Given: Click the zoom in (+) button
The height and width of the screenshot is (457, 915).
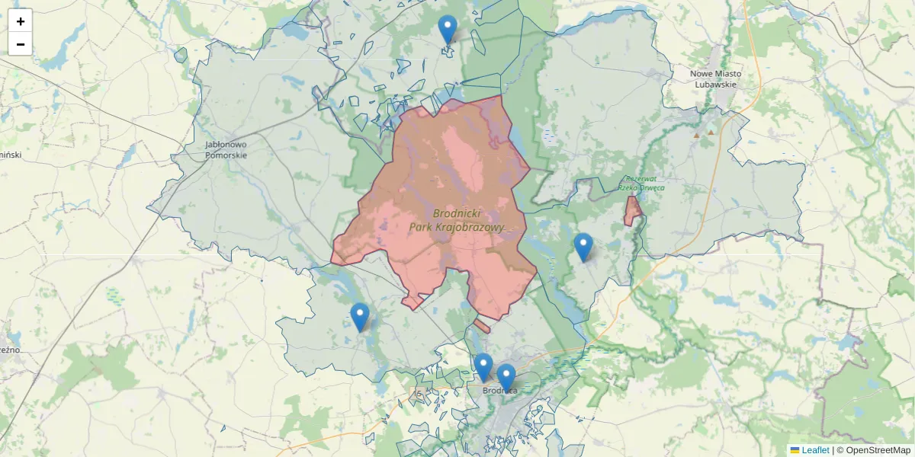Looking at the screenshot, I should click(20, 21).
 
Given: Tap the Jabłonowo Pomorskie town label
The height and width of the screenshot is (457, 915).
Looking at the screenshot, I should click(226, 149).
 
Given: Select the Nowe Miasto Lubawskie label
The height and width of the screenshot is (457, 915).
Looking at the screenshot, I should click(716, 79).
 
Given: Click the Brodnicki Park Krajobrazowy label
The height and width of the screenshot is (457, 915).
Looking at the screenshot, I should click(457, 220).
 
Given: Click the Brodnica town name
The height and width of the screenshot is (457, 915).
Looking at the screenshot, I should click(500, 391).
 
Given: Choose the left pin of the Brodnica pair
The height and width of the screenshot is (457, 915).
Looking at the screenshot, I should click(483, 367).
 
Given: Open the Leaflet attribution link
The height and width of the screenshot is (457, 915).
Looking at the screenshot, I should click(815, 450).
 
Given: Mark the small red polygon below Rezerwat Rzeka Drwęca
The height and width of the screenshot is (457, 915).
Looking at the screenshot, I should click(632, 210).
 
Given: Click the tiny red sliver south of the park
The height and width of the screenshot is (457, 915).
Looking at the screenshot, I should click(481, 326).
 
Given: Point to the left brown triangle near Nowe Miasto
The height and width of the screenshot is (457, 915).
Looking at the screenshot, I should click(696, 134).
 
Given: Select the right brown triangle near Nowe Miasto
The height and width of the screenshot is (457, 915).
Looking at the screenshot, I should click(711, 132).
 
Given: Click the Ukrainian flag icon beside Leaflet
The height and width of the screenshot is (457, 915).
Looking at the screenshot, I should click(795, 450).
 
